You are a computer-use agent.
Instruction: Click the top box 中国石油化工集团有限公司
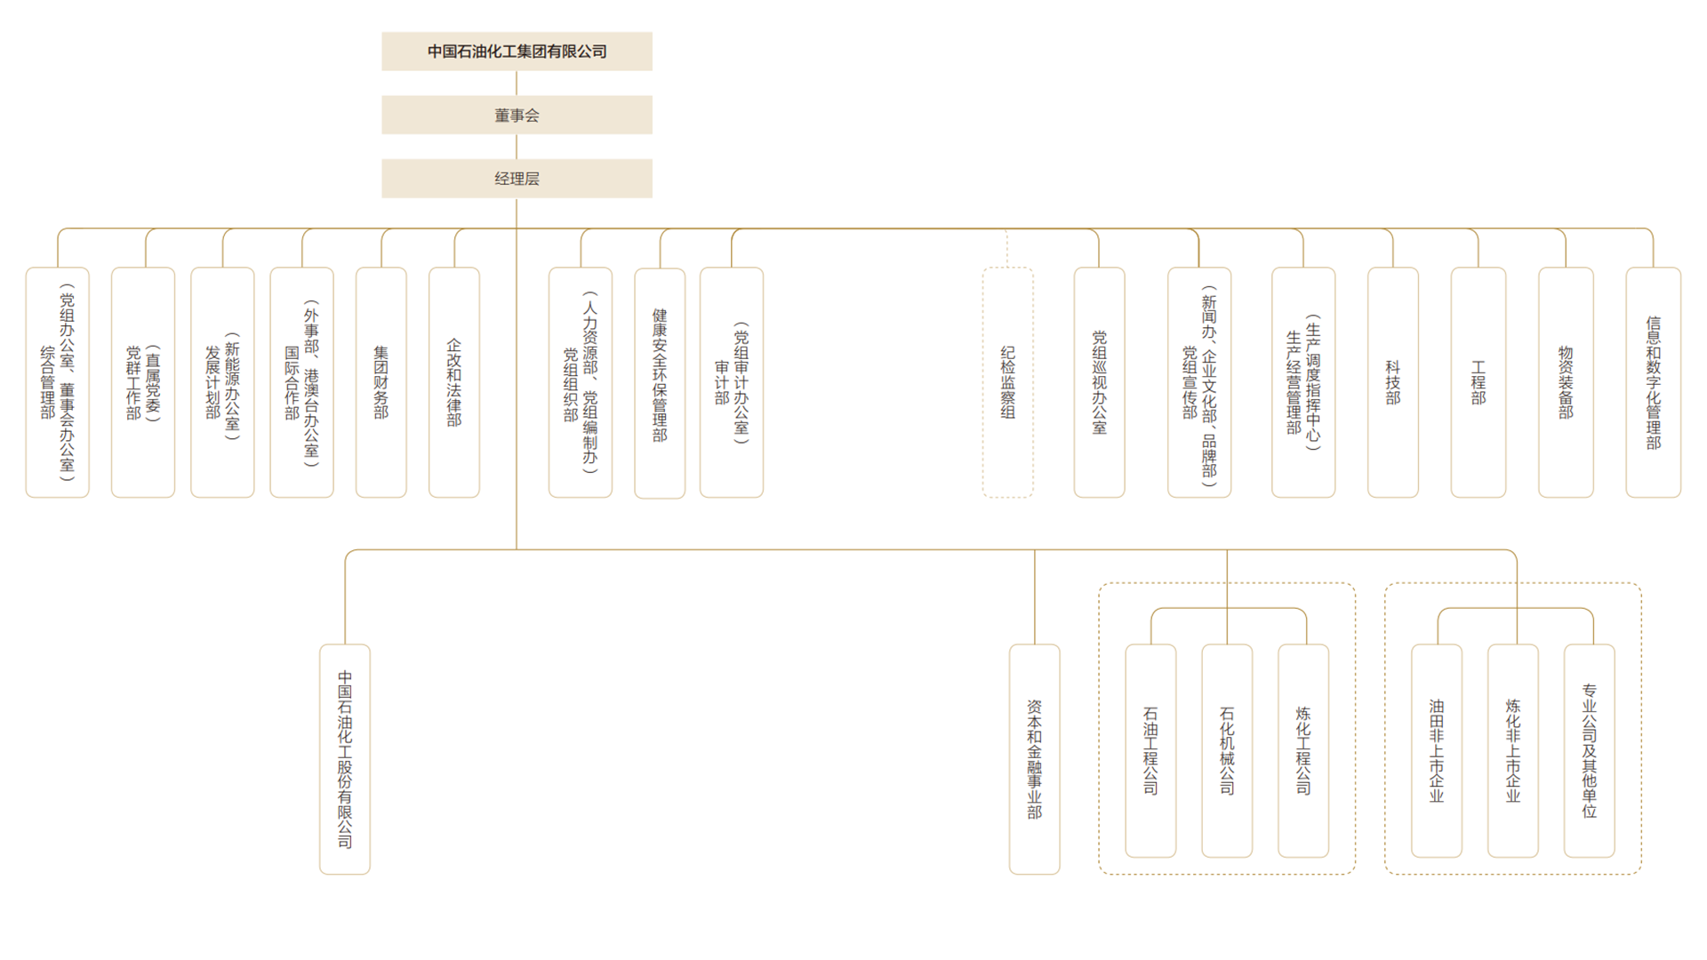pyautogui.click(x=517, y=52)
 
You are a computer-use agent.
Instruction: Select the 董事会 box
pyautogui.click(x=517, y=115)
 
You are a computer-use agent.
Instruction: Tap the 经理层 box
pyautogui.click(x=517, y=179)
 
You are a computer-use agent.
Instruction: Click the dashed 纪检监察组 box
pyautogui.click(x=1007, y=382)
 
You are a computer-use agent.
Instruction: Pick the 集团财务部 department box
pyautogui.click(x=381, y=382)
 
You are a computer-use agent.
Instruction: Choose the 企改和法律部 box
pyautogui.click(x=454, y=382)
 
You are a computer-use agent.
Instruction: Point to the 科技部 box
pyautogui.click(x=1393, y=382)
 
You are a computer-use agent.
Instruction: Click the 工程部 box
pyautogui.click(x=1479, y=382)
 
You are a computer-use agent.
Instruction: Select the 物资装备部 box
pyautogui.click(x=1566, y=382)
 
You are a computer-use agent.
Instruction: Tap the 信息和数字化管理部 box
pyautogui.click(x=1654, y=382)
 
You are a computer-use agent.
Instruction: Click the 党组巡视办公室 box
pyautogui.click(x=1100, y=382)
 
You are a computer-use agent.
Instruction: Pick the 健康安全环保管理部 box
pyautogui.click(x=660, y=383)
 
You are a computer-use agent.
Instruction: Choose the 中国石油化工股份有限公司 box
pyautogui.click(x=345, y=759)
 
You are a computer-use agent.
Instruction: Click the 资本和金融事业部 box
pyautogui.click(x=1035, y=759)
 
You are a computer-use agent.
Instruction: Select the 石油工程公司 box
pyautogui.click(x=1150, y=751)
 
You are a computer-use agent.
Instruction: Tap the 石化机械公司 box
pyautogui.click(x=1227, y=751)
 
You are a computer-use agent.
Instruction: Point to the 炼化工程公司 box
pyautogui.click(x=1303, y=751)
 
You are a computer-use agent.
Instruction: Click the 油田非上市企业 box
pyautogui.click(x=1437, y=751)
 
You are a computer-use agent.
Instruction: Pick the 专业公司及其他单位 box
pyautogui.click(x=1590, y=751)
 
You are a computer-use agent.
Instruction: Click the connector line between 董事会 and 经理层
pyautogui.click(x=517, y=147)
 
